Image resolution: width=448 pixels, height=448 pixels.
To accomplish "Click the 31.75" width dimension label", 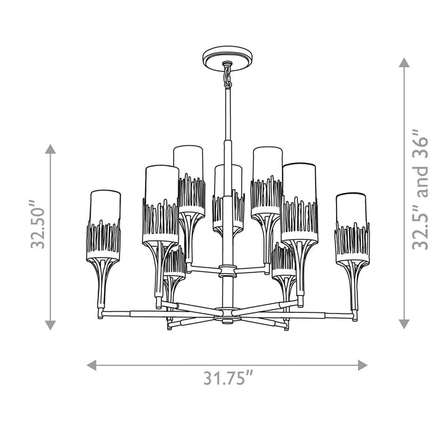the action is click(x=228, y=378).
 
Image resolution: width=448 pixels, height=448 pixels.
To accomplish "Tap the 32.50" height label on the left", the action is click(x=37, y=224).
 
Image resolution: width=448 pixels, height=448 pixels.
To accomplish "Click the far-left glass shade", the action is click(x=103, y=225).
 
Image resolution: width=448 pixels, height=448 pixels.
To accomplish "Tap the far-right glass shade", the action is click(x=352, y=228).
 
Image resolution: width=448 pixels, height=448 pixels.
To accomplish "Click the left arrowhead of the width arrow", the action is click(x=91, y=365).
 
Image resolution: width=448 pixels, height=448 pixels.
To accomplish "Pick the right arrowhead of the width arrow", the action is click(x=363, y=365).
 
